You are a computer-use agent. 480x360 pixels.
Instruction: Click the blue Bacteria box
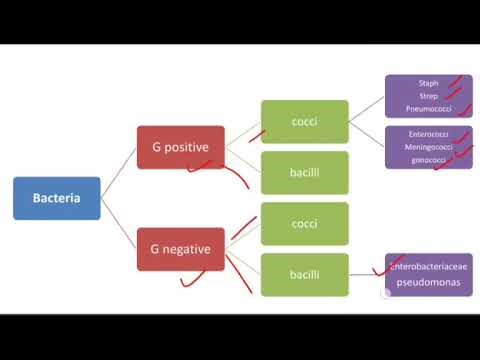56,198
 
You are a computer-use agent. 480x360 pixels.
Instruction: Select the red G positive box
180,147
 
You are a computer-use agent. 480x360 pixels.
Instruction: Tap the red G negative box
180,249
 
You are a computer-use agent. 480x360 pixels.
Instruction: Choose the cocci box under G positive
304,122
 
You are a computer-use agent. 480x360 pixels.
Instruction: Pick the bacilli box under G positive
304,172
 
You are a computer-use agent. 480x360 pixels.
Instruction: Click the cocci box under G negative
304,223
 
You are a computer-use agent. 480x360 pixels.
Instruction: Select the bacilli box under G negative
304,274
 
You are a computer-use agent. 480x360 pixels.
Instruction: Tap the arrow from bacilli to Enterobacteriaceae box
366,274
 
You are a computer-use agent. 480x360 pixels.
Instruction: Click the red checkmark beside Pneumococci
463,109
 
